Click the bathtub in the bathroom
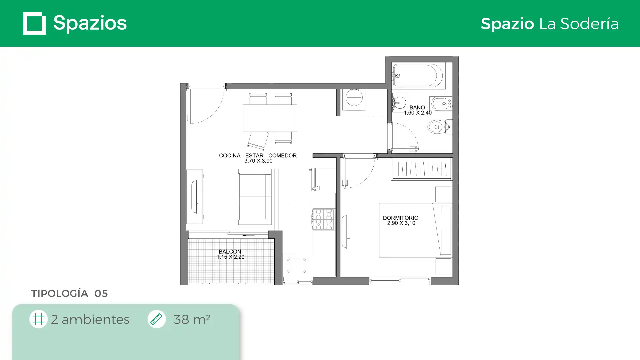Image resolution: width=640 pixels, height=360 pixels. click(x=418, y=76)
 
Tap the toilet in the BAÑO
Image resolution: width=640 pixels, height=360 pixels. click(x=439, y=127)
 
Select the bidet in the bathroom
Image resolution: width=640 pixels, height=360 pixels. click(x=441, y=104)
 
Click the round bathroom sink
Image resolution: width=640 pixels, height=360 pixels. click(x=399, y=102)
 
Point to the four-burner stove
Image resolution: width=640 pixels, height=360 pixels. click(x=324, y=219)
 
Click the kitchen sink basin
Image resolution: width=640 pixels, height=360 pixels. click(x=296, y=266)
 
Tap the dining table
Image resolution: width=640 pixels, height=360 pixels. click(x=270, y=118)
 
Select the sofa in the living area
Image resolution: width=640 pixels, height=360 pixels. click(x=255, y=197)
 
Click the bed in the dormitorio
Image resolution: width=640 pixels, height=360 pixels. click(x=415, y=230)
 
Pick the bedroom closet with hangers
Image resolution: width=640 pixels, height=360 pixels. click(x=421, y=169)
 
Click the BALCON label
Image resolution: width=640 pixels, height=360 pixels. click(x=230, y=252)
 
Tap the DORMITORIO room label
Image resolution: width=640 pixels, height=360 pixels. click(x=400, y=218)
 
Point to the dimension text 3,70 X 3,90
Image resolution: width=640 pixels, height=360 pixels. click(x=258, y=161)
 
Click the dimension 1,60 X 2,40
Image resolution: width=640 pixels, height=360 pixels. click(x=418, y=113)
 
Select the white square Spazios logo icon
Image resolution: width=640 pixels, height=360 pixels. click(x=35, y=23)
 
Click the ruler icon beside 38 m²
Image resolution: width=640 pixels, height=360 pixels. click(x=156, y=319)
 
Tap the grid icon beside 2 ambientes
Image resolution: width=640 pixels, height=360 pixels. click(x=38, y=319)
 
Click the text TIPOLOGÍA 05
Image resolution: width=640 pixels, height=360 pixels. click(x=69, y=293)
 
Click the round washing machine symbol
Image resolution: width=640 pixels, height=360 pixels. click(x=354, y=98)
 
